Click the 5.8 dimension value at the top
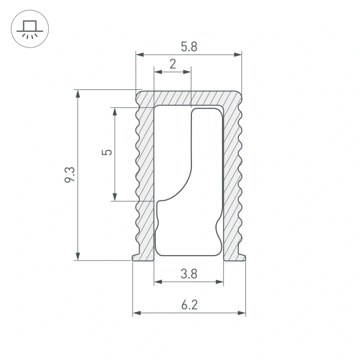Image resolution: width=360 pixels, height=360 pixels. coord(188,46)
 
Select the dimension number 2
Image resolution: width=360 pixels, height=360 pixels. coord(173,64)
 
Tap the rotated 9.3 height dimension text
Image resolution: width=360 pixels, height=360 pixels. coord(70,175)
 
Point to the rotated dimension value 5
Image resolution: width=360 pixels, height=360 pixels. coord(107,152)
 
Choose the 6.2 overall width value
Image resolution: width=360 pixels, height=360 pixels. coord(188,305)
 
